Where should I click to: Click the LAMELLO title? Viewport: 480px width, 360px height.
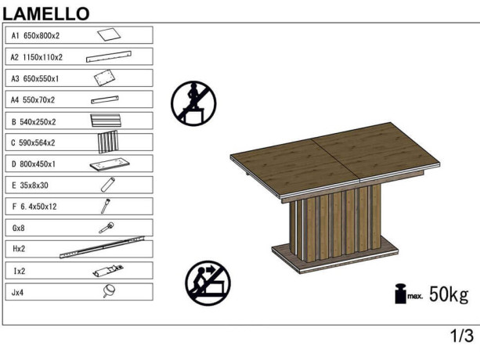[x=46, y=14]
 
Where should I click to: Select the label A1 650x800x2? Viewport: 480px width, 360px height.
[x=35, y=36]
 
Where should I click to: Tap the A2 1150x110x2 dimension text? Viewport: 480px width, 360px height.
[x=37, y=57]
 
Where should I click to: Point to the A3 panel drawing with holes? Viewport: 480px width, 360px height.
[x=104, y=77]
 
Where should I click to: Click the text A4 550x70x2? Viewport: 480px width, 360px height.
[x=33, y=100]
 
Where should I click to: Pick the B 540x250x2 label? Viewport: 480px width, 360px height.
[x=34, y=122]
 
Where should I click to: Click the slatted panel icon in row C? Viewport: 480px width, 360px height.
[x=108, y=142]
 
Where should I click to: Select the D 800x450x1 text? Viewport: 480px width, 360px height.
[x=34, y=164]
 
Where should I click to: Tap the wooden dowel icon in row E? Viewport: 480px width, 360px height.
[x=108, y=185]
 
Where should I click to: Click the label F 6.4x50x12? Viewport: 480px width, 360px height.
[x=34, y=207]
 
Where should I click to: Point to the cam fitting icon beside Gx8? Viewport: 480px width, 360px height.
[x=106, y=228]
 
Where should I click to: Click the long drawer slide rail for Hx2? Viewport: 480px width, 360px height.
[x=102, y=247]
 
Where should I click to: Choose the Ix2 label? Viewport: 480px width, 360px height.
[x=20, y=272]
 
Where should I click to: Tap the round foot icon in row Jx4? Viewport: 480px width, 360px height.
[x=109, y=290]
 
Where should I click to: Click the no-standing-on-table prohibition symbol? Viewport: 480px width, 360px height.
[x=193, y=103]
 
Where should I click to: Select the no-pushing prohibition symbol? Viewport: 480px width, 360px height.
[x=208, y=283]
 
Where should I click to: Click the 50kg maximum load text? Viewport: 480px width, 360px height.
[x=449, y=294]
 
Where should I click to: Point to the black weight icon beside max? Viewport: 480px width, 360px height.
[x=400, y=293]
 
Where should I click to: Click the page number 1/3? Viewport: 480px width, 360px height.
[x=462, y=336]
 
